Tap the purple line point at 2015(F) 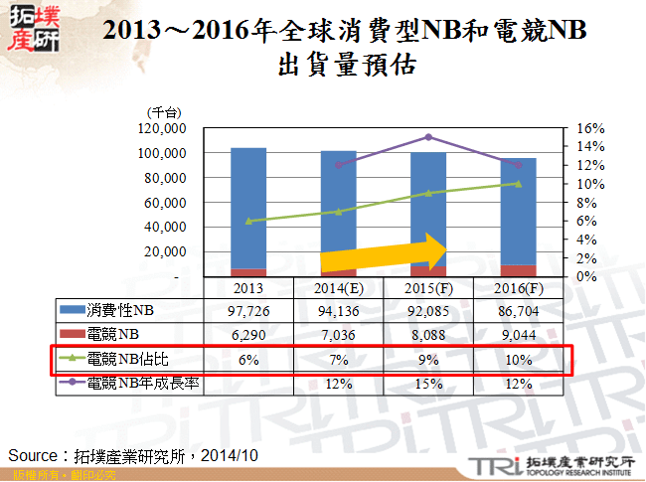428,136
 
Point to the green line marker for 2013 248,221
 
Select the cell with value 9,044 518,336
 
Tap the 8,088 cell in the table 428,336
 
